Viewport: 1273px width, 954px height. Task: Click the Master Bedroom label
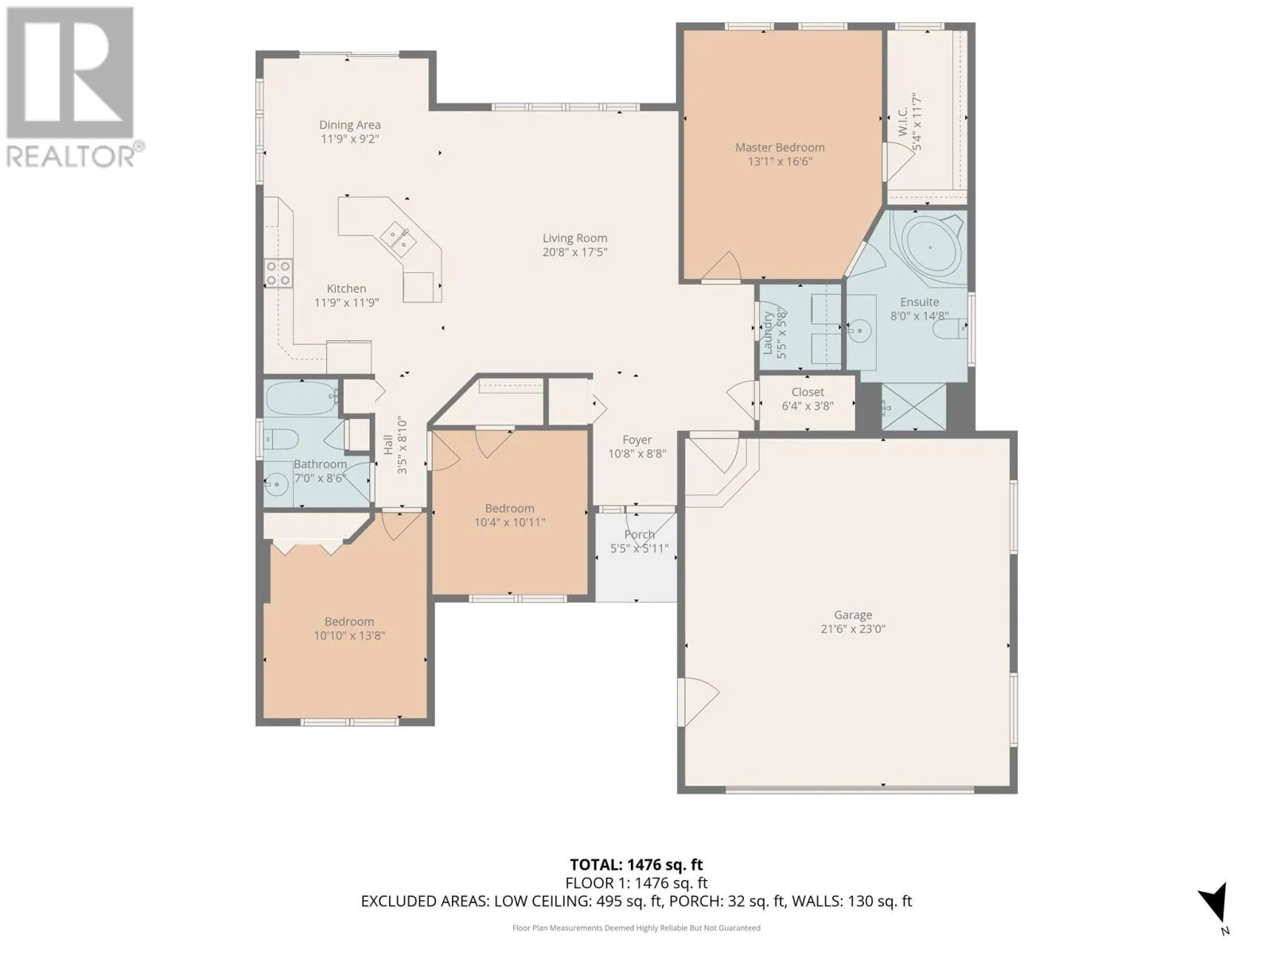tap(780, 148)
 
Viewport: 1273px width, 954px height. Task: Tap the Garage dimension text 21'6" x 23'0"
tap(853, 629)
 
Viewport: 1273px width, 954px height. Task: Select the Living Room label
tap(574, 238)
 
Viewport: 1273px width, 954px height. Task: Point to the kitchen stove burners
tap(278, 273)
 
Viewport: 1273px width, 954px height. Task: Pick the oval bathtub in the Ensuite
tap(929, 247)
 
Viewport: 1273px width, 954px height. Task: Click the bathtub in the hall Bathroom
tap(302, 398)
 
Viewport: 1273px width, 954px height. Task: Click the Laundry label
tap(767, 333)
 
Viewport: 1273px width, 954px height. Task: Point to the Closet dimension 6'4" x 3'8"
tap(808, 406)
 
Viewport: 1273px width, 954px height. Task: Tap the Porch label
tap(639, 534)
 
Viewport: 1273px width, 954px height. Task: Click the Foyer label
tap(636, 440)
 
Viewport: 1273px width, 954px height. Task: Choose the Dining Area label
tap(350, 125)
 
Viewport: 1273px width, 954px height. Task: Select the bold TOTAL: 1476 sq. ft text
tap(636, 865)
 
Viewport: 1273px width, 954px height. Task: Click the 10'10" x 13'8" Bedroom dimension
tap(349, 635)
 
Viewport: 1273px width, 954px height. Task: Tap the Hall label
tap(388, 444)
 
